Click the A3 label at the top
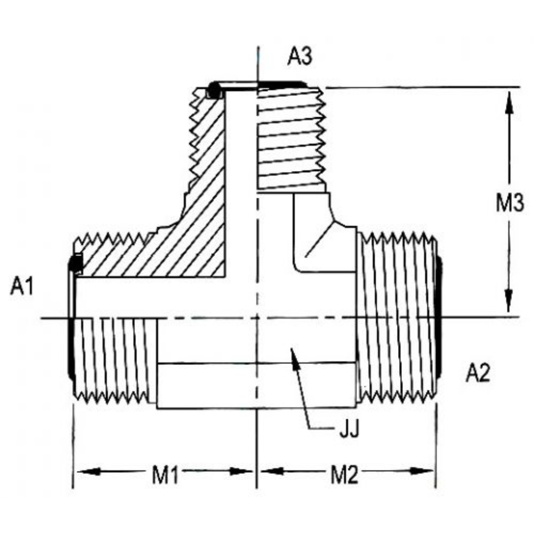[x=300, y=57]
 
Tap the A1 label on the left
[x=22, y=287]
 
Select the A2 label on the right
[x=478, y=374]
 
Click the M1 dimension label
[x=165, y=476]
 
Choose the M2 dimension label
[x=344, y=476]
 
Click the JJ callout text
[x=349, y=429]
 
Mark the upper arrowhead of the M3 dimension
[x=508, y=101]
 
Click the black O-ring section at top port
[x=214, y=89]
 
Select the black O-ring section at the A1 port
[x=76, y=263]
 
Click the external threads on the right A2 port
[x=398, y=316]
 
